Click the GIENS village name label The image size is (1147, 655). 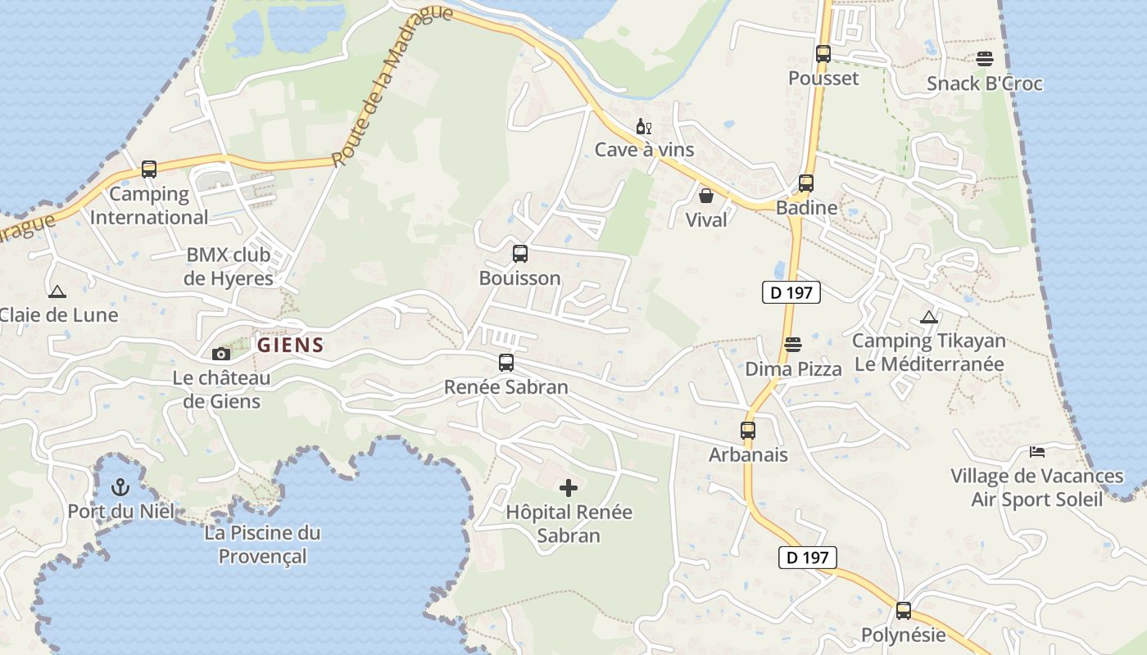[291, 346]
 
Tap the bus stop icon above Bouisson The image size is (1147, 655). [520, 254]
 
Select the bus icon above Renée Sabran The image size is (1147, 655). [506, 363]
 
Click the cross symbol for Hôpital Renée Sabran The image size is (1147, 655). [568, 489]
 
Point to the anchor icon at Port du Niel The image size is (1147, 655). [120, 487]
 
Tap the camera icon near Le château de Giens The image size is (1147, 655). [220, 354]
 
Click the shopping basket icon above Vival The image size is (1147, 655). [705, 196]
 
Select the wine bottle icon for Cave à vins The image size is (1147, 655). [644, 127]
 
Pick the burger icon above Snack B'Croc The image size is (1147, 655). [984, 59]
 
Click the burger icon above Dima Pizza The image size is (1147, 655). [792, 345]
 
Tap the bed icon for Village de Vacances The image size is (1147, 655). [1037, 452]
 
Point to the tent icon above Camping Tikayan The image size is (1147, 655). [928, 317]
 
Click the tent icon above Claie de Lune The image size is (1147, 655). [57, 291]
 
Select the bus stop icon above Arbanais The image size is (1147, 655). [748, 431]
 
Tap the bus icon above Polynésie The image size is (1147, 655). [903, 611]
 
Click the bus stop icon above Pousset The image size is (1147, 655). [823, 54]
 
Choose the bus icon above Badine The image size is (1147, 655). [806, 183]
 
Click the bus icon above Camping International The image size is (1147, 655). [148, 169]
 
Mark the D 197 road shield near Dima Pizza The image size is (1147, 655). [791, 292]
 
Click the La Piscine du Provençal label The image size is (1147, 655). [262, 544]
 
